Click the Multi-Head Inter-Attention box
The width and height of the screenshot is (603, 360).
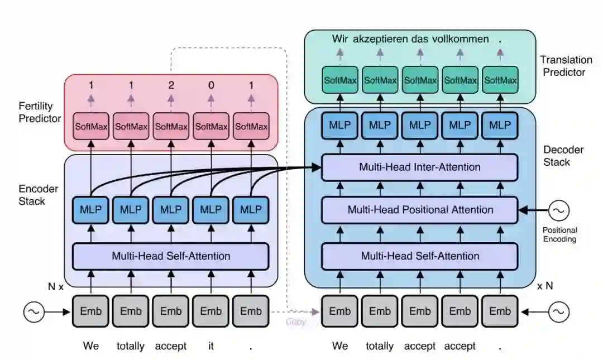pos(419,167)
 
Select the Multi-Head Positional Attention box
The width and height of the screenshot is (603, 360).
pos(419,210)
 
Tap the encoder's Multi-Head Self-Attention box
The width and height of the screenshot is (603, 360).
pos(171,256)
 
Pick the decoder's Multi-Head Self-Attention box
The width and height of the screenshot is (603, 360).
pos(419,256)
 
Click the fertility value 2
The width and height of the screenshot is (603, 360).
pos(171,85)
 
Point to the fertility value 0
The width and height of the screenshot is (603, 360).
pos(211,85)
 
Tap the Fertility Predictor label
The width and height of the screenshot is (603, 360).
pos(40,112)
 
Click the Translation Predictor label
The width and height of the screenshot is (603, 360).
pos(566,66)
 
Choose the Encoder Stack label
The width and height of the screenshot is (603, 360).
pos(38,195)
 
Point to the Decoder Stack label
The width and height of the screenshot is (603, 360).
pos(563,156)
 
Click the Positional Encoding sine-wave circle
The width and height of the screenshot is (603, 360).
pos(558,210)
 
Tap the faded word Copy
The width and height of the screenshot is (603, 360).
pos(296,321)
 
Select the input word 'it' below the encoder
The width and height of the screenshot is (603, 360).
pos(211,346)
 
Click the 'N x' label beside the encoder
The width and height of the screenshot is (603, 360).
pos(56,286)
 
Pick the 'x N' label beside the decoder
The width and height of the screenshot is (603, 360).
pos(545,286)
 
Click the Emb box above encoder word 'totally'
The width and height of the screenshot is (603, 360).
pos(131,311)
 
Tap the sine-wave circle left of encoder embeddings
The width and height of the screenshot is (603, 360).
pos(34,311)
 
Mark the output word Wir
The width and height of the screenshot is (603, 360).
pos(340,39)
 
